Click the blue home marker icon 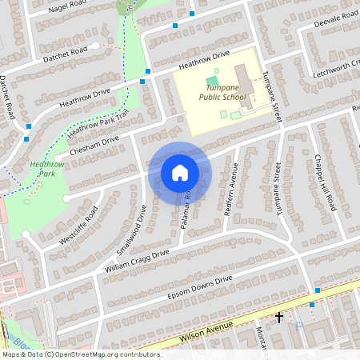[x=180, y=172]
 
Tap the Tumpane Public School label [x=221, y=91]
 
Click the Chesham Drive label [x=94, y=145]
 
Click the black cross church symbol [x=279, y=318]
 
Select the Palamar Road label [x=185, y=210]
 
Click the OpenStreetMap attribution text [x=80, y=354]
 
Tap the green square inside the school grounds [x=211, y=80]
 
